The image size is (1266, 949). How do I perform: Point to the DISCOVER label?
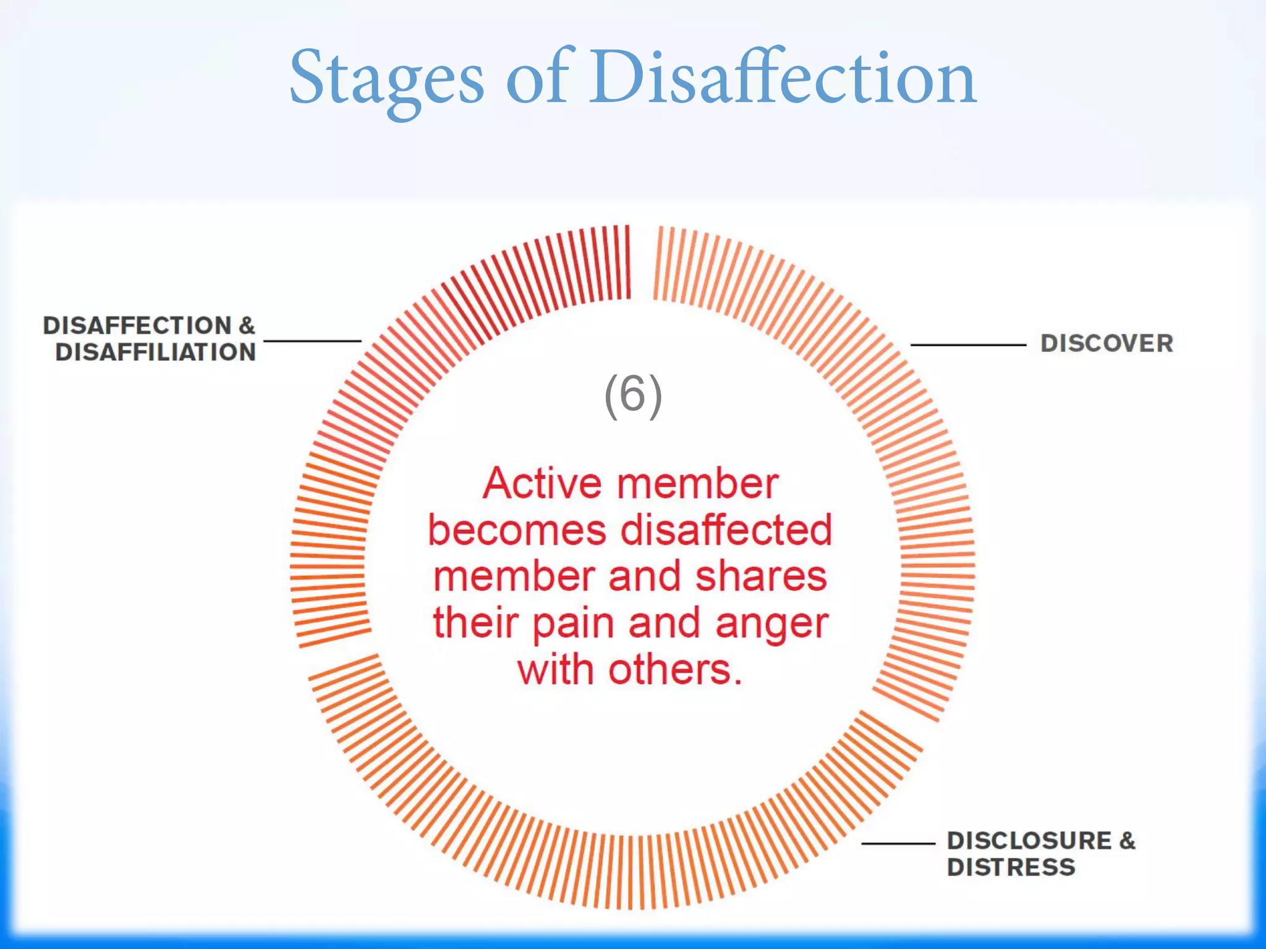click(1107, 344)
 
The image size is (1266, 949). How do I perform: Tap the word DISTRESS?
click(1011, 867)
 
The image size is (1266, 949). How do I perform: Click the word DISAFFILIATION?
click(155, 352)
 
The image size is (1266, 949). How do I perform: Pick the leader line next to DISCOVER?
click(968, 345)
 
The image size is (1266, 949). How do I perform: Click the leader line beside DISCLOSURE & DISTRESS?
click(898, 843)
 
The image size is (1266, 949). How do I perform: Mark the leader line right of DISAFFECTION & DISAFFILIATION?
click(312, 340)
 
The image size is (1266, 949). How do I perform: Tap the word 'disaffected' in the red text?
click(726, 530)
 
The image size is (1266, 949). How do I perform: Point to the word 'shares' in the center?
click(760, 576)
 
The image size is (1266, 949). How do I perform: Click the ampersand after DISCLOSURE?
click(1127, 841)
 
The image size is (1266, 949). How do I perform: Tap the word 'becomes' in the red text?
click(517, 530)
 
